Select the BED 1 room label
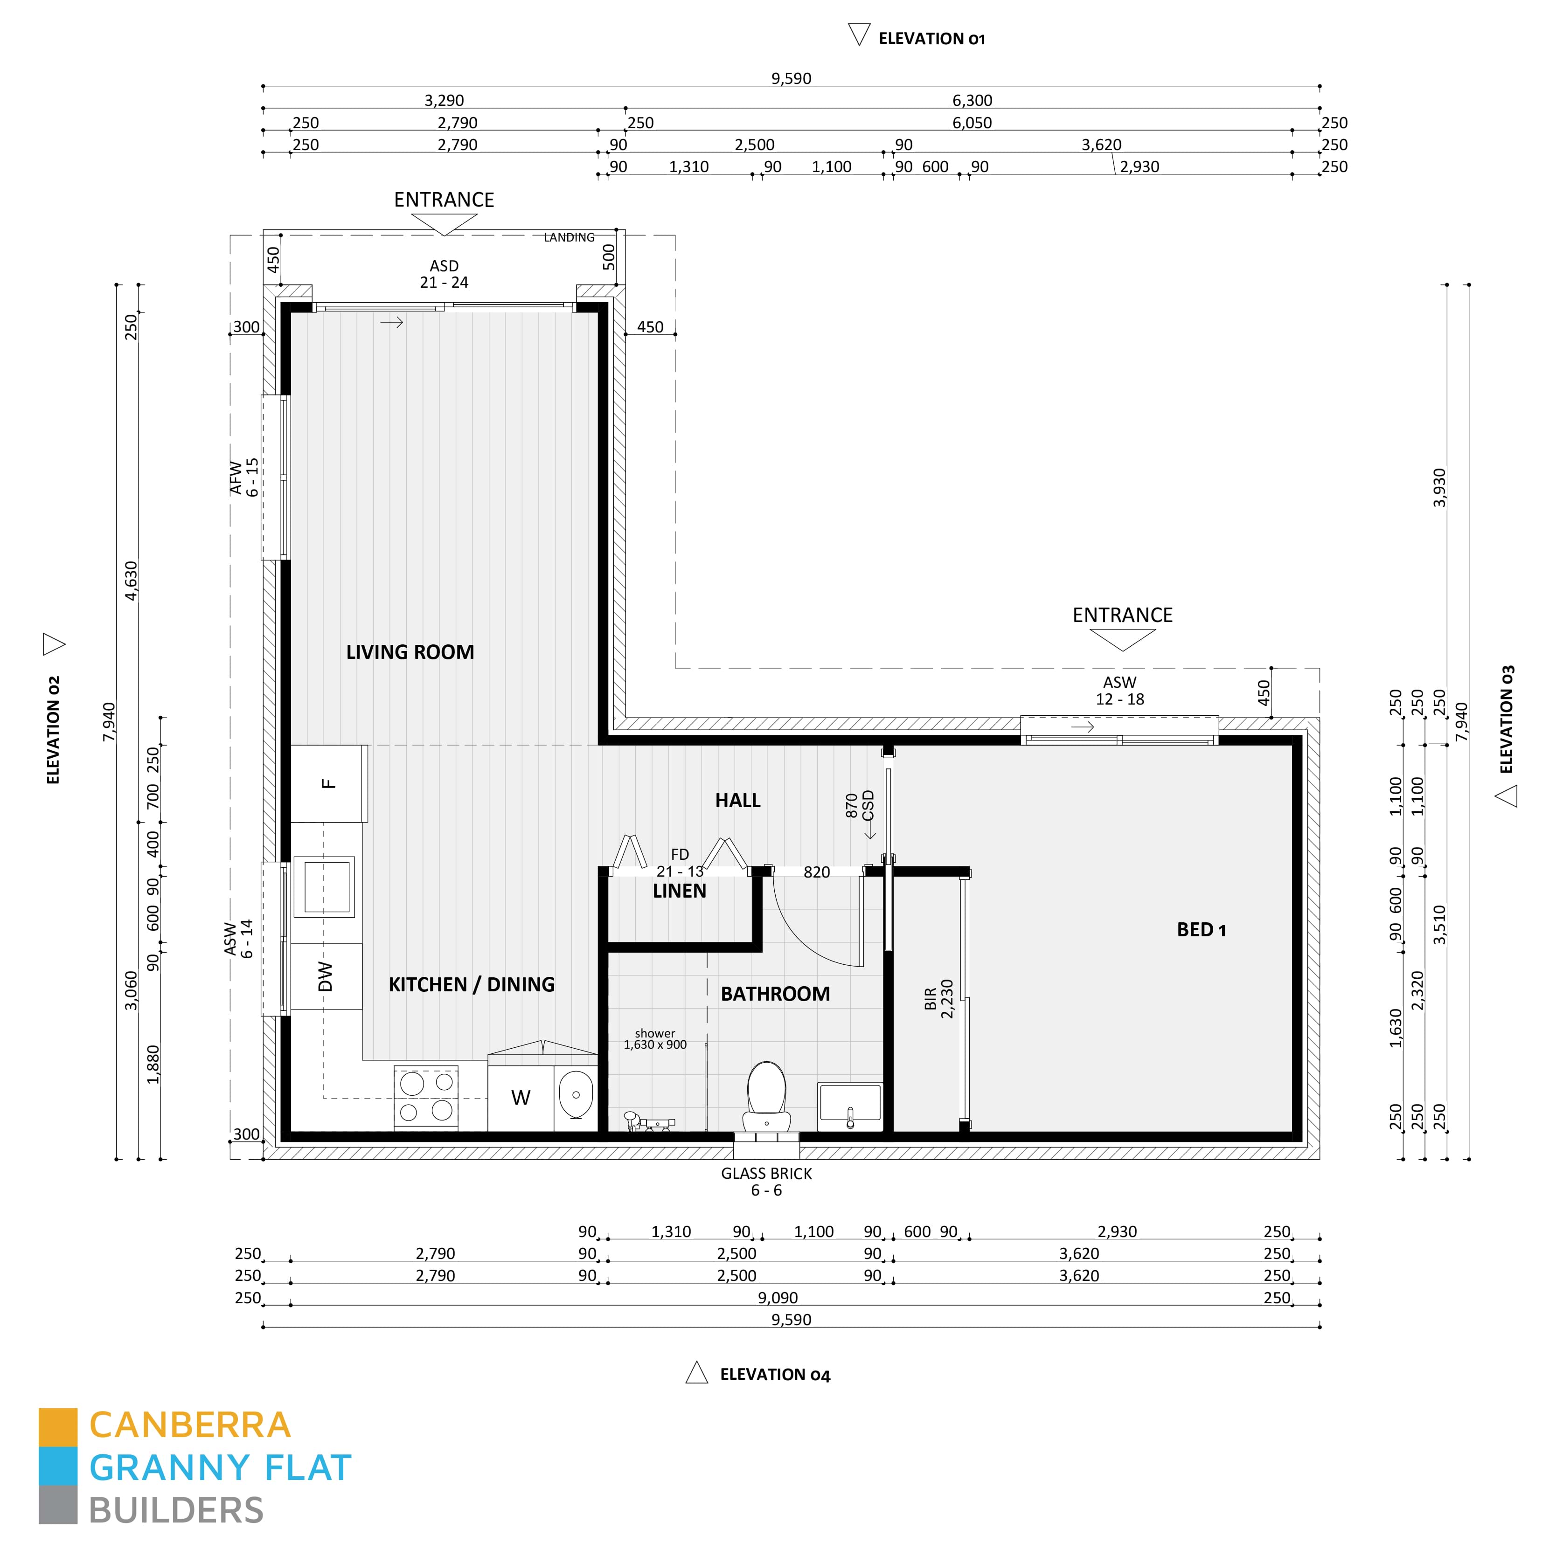[x=1201, y=930]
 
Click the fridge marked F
[x=328, y=783]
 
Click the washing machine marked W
[x=520, y=1098]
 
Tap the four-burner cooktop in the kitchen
[x=425, y=1097]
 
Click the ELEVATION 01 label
[x=931, y=39]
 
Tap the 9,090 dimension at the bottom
[x=778, y=1298]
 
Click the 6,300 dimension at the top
[x=972, y=100]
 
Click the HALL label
[x=737, y=800]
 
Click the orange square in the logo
[x=58, y=1427]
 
